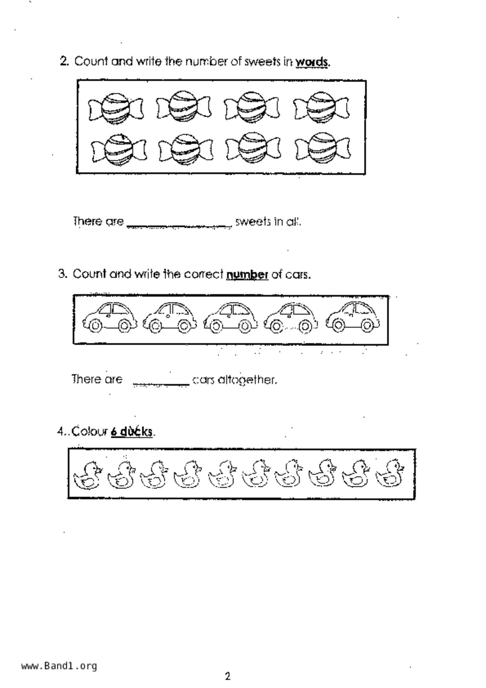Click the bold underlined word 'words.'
313,62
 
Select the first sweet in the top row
115,109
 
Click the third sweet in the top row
252,107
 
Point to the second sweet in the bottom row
186,149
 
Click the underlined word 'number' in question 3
247,274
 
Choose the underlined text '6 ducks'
131,431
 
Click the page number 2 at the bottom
228,676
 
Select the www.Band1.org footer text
59,666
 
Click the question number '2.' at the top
64,61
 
